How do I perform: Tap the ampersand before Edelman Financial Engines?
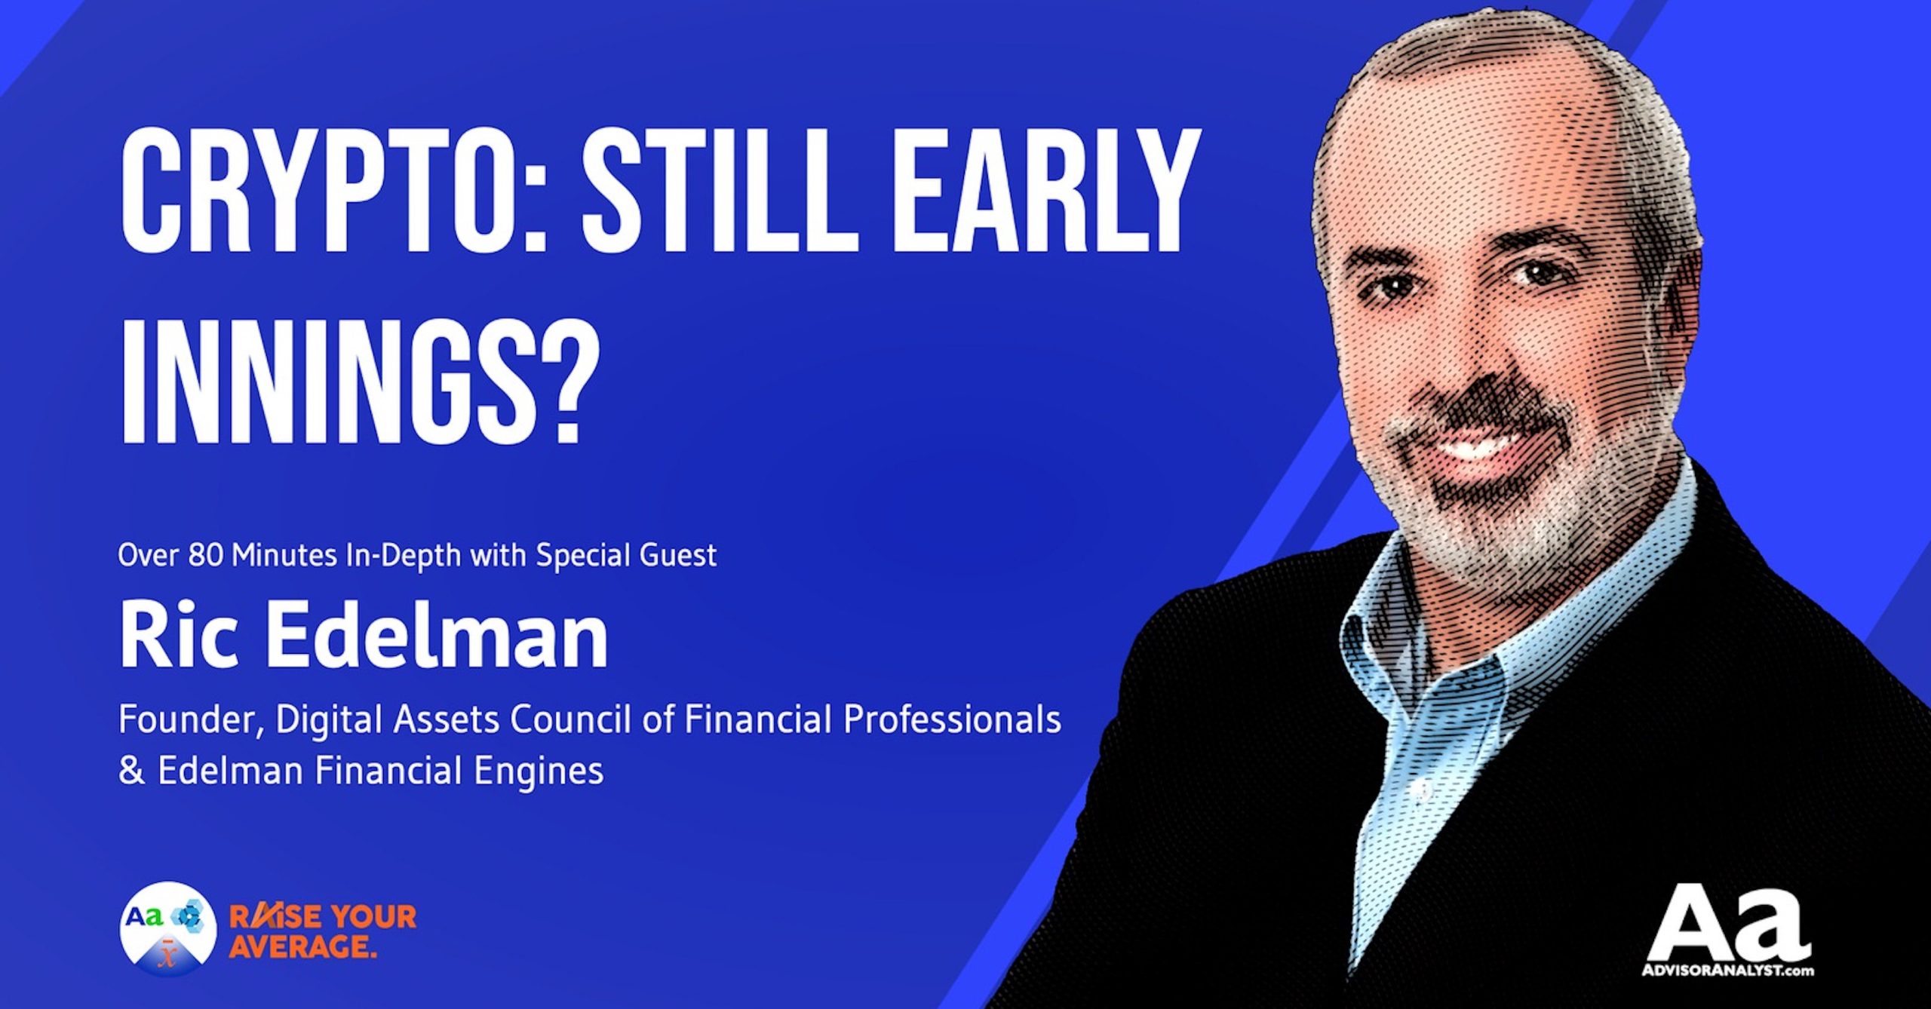(131, 771)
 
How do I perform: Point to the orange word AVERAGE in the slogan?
(302, 946)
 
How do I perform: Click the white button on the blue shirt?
(1423, 789)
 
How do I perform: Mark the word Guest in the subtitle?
(678, 556)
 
